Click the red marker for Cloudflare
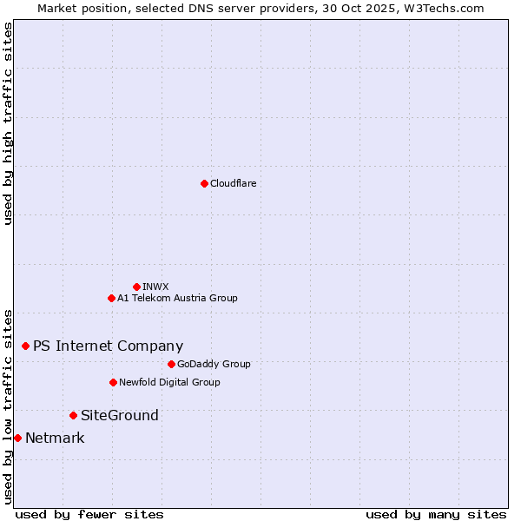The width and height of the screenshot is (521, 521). pos(204,183)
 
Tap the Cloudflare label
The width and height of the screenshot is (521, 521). pos(233,183)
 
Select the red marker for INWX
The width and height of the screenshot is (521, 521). pos(136,287)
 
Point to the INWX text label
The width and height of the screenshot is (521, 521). pos(155,287)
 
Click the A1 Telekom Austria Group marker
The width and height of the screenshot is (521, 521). pos(111,298)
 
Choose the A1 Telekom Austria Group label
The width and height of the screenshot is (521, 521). pos(177,298)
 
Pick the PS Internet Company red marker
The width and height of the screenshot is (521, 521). pos(25,346)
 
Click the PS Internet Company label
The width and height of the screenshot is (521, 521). pos(108,346)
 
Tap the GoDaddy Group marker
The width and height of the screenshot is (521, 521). pos(171,364)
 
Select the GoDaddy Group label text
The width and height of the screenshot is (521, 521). pos(214,364)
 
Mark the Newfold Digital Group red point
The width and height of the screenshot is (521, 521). pos(113,382)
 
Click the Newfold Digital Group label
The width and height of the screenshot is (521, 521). pos(169,382)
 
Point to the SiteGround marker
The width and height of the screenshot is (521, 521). pos(73,415)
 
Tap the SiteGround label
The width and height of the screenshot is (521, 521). pos(120,415)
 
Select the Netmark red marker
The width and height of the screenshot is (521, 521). pos(17,438)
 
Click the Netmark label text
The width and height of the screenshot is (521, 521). pos(55,438)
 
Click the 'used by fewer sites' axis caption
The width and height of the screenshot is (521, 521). pos(89,514)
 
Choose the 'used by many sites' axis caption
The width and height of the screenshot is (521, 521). pos(436,514)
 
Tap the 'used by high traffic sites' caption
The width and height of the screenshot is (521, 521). pos(8,123)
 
